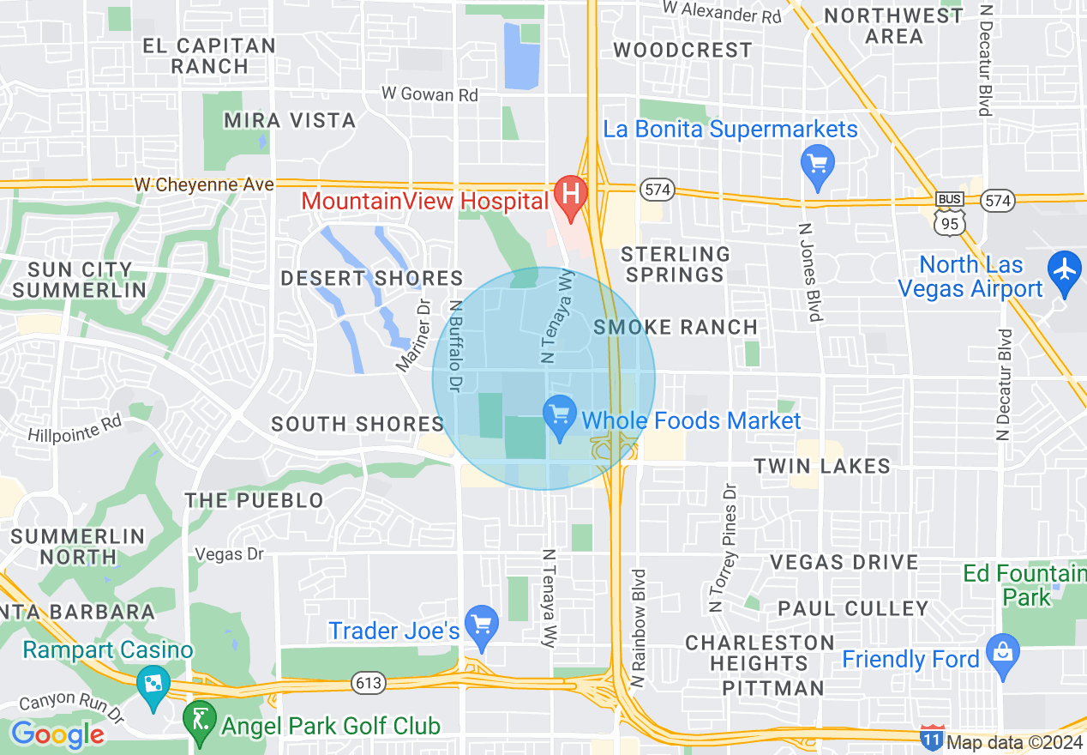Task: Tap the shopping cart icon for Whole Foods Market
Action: (560, 418)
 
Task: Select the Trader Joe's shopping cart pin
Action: (481, 627)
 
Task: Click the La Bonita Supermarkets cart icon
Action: (817, 162)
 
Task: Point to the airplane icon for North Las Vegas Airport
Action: (1065, 270)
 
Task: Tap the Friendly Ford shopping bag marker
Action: (1001, 655)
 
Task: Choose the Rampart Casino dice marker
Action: (153, 686)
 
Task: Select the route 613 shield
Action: (369, 683)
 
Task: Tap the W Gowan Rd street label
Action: (429, 94)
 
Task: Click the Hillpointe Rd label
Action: (75, 429)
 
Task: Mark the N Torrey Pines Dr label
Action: (723, 547)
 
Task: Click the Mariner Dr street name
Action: (412, 335)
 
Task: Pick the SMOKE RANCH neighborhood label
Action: (676, 327)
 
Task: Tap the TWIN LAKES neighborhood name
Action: (822, 466)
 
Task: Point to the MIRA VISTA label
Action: (290, 120)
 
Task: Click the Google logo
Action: (57, 735)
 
